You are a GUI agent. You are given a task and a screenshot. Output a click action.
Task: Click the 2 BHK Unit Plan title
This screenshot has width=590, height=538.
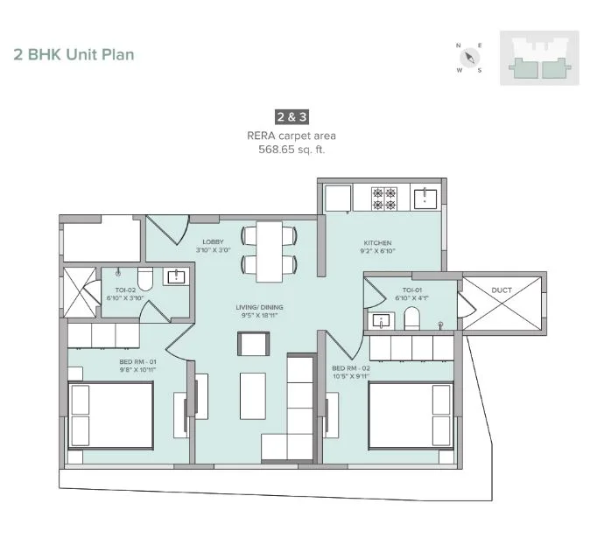pyautogui.click(x=74, y=55)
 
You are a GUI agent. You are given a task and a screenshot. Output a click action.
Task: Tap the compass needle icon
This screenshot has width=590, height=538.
pyautogui.click(x=469, y=58)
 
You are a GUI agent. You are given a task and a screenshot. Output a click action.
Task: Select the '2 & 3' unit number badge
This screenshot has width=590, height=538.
pyautogui.click(x=292, y=117)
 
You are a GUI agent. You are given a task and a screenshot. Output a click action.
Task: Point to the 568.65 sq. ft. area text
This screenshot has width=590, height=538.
pyautogui.click(x=291, y=150)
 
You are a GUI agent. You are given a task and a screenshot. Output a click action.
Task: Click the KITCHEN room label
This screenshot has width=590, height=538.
pyautogui.click(x=377, y=243)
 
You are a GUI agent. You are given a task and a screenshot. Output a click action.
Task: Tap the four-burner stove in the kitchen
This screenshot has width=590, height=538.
pyautogui.click(x=384, y=199)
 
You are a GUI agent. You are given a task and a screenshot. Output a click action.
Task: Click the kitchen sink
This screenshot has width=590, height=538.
pyautogui.click(x=425, y=199)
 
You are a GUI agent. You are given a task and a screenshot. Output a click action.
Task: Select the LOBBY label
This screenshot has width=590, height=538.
pyautogui.click(x=213, y=241)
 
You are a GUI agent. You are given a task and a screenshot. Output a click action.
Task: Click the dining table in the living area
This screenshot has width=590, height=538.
pyautogui.click(x=269, y=252)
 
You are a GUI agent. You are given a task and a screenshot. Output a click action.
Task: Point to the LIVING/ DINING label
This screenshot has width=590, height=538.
pyautogui.click(x=259, y=307)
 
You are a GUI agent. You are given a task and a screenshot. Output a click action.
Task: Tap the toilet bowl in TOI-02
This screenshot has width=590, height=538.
pyautogui.click(x=145, y=278)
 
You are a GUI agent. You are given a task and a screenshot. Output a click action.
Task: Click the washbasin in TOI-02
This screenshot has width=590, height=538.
pyautogui.click(x=176, y=277)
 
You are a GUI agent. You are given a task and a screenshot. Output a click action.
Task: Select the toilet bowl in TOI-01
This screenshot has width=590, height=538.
pyautogui.click(x=411, y=318)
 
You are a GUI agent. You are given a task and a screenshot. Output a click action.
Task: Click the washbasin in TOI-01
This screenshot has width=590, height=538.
pyautogui.click(x=382, y=321)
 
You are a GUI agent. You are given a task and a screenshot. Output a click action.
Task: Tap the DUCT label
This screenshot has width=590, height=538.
pyautogui.click(x=502, y=290)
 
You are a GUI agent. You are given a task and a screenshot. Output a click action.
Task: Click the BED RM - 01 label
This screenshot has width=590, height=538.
pyautogui.click(x=137, y=361)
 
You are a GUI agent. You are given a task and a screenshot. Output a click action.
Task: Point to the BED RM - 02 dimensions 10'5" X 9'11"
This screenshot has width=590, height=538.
pyautogui.click(x=351, y=376)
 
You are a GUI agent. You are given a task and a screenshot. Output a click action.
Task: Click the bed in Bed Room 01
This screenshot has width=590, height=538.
pyautogui.click(x=110, y=416)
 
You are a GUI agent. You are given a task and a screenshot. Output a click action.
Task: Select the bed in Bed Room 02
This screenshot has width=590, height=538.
pyautogui.click(x=411, y=416)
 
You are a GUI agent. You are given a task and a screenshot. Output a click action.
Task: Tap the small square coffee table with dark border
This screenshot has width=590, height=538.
pyautogui.click(x=254, y=344)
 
